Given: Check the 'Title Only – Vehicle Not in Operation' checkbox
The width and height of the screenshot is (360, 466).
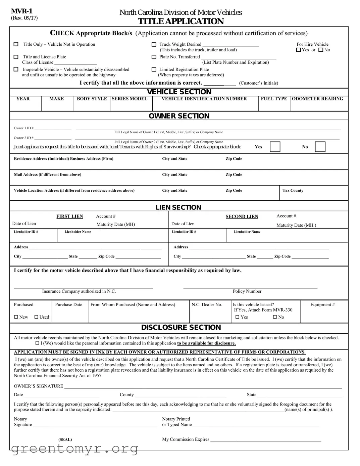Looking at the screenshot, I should pos(16,44).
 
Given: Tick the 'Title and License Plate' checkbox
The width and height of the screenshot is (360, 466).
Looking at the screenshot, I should pos(16,57).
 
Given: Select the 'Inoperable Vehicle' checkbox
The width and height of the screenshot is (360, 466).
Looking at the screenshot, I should pos(16,69).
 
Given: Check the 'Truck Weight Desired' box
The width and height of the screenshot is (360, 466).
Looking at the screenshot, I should pos(154,44).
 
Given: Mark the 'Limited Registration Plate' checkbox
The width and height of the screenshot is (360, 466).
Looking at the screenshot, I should pos(154,69).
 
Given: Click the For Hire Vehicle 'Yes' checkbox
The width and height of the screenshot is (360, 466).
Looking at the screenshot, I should pos(299,50).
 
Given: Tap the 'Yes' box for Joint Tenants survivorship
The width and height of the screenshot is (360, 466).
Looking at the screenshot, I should pos(275,147).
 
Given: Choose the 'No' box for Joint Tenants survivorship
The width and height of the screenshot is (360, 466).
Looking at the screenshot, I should pos(320,147).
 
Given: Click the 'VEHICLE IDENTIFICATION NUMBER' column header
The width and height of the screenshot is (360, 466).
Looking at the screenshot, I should pos(204,99).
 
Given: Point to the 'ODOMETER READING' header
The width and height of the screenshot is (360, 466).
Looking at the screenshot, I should pos(317,99).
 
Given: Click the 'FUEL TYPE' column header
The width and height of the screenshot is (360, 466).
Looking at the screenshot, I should pos(274,99).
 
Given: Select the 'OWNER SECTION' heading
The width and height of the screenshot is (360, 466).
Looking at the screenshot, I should pos(179,116).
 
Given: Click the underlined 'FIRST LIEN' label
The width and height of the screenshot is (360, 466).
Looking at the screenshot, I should pos(69,217).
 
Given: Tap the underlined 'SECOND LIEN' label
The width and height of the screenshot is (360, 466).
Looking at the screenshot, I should pos(242,217).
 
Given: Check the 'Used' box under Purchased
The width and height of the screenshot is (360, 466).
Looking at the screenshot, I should pos(36,317).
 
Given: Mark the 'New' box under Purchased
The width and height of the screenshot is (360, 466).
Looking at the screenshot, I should pos(16,317).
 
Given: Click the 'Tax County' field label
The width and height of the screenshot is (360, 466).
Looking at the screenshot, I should pos(293,190).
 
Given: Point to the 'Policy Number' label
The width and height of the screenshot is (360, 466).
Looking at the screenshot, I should pos(247,291).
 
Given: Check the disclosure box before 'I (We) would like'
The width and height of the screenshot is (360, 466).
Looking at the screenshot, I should pos(37,343).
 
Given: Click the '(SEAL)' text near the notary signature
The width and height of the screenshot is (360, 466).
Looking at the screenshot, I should pos(65,439).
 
